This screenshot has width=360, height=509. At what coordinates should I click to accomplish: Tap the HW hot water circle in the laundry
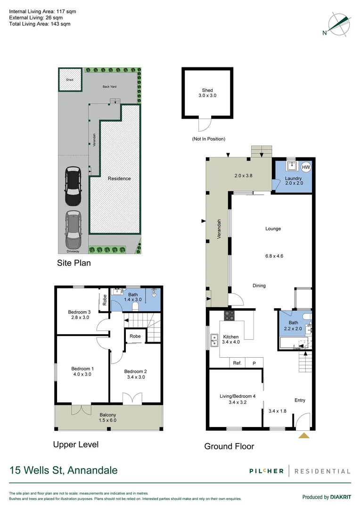[x=305, y=167]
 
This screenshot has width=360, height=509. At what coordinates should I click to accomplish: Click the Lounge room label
[x=273, y=229]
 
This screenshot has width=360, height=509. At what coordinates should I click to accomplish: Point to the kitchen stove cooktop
[x=229, y=316]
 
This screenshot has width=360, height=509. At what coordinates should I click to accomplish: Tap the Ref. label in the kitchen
[x=237, y=363]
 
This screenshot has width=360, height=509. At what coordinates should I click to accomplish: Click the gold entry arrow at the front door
[x=304, y=436]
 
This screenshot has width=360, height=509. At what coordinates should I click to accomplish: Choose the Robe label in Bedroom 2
[x=135, y=337]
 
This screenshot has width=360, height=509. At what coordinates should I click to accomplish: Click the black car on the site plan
[x=73, y=186]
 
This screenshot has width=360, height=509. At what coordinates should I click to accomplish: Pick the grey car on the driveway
[x=73, y=230]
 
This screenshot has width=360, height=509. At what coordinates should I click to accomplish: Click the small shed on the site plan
[x=69, y=80]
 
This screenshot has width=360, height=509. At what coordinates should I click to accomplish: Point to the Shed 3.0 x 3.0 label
[x=207, y=93]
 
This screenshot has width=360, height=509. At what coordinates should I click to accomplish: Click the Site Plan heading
[x=74, y=263]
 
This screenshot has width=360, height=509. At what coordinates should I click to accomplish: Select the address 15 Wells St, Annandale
[x=64, y=470]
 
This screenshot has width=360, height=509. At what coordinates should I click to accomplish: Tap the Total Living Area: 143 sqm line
[x=40, y=24]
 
